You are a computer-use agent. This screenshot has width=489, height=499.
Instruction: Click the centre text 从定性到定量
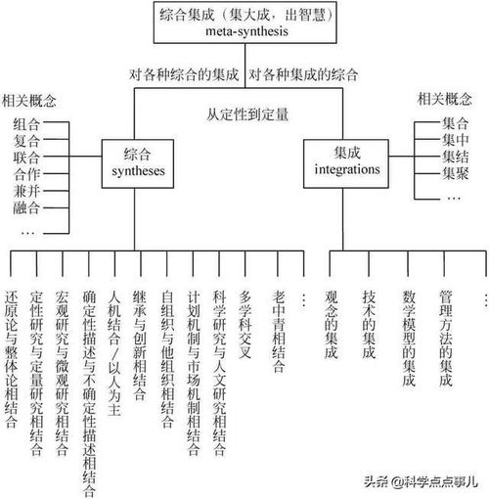[x=247, y=114]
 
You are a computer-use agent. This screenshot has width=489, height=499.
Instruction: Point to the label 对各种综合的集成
[x=184, y=74]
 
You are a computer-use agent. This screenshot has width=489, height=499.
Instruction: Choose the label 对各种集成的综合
[x=303, y=74]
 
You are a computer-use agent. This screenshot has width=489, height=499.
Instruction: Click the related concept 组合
[x=26, y=124]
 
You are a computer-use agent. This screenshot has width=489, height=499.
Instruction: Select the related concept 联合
[x=26, y=158]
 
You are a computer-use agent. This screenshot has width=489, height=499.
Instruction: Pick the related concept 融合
[x=26, y=207]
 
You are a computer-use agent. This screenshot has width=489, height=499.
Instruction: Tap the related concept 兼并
[x=26, y=191]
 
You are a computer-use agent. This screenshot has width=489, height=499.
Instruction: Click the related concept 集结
[x=455, y=157]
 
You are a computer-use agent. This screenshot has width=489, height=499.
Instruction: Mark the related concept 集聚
[x=455, y=173]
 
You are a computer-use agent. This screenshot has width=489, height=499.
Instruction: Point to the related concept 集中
[x=455, y=140]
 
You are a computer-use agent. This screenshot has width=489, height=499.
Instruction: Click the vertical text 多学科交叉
[x=245, y=325]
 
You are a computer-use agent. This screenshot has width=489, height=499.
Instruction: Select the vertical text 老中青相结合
[x=279, y=332]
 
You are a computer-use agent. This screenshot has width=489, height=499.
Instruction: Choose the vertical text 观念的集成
[x=331, y=325]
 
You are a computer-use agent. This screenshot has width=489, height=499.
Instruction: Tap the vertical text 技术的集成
[x=369, y=325]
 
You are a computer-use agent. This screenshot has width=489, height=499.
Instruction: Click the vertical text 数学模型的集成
[x=408, y=339]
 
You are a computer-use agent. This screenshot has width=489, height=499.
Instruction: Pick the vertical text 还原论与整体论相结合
[x=11, y=359]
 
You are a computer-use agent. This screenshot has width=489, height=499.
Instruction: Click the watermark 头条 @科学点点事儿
[x=421, y=481]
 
